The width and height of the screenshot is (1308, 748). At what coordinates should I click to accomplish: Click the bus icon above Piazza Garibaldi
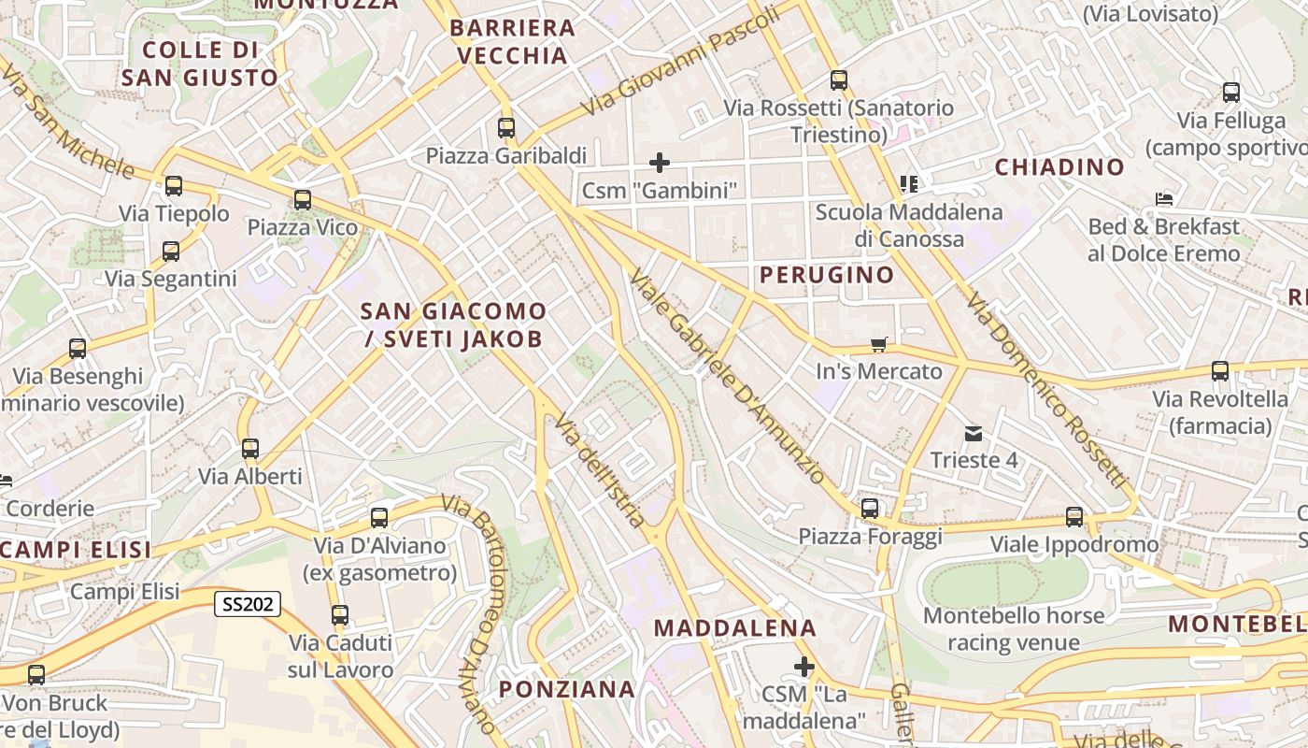coord(506,128)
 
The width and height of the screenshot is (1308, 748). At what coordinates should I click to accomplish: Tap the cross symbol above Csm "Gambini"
coord(660,163)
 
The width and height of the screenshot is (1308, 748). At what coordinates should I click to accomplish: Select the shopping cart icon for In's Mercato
coord(878,345)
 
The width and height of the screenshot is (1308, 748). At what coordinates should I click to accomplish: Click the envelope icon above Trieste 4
coord(974,434)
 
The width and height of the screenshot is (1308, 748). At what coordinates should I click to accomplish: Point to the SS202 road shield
coord(248,604)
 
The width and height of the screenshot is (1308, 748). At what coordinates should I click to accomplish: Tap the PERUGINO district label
coord(827,275)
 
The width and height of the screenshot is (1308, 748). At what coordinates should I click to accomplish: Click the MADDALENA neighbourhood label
coord(735,627)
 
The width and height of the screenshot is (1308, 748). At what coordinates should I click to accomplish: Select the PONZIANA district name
coord(566,689)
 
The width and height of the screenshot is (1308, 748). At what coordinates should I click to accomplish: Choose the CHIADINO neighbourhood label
coord(1059,167)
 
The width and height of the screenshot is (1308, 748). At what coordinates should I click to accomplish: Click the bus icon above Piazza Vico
coord(302,200)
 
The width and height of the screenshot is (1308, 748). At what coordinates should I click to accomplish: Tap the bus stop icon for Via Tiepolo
coord(174,186)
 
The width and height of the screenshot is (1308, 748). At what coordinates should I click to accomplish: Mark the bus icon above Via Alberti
coord(250,449)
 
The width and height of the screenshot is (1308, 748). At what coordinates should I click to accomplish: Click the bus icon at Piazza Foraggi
coord(870,510)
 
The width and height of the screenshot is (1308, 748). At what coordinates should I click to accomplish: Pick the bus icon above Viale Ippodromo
coord(1074,517)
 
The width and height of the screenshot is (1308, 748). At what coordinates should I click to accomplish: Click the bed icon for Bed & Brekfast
coord(1164,199)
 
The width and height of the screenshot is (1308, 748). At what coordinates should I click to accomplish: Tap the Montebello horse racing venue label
coord(1014,629)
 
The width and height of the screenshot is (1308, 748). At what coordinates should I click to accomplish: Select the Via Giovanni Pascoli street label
coord(680,62)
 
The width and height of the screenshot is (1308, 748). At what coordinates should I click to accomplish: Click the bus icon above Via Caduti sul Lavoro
coord(340,615)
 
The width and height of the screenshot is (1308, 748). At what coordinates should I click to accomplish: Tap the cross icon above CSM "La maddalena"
coord(804,667)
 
